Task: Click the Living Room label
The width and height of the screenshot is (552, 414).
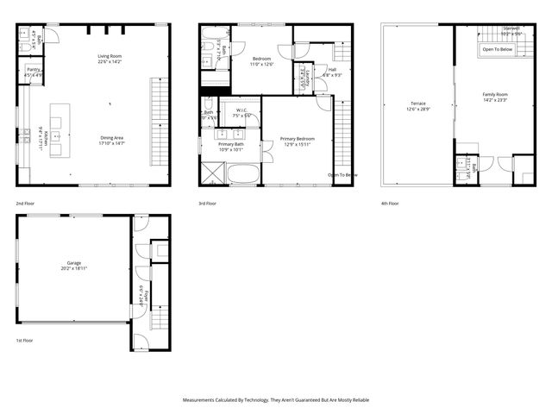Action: click(110, 58)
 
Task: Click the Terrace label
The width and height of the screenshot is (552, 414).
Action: click(417, 106)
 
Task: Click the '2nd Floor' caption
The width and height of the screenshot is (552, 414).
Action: click(24, 204)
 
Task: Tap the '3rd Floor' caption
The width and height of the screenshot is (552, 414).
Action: click(207, 204)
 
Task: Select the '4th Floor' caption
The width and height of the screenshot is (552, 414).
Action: click(390, 204)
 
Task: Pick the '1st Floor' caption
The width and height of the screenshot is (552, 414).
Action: click(24, 342)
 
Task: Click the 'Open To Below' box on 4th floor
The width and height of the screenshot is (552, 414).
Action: click(498, 50)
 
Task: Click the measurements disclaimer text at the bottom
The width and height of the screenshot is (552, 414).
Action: click(276, 400)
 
